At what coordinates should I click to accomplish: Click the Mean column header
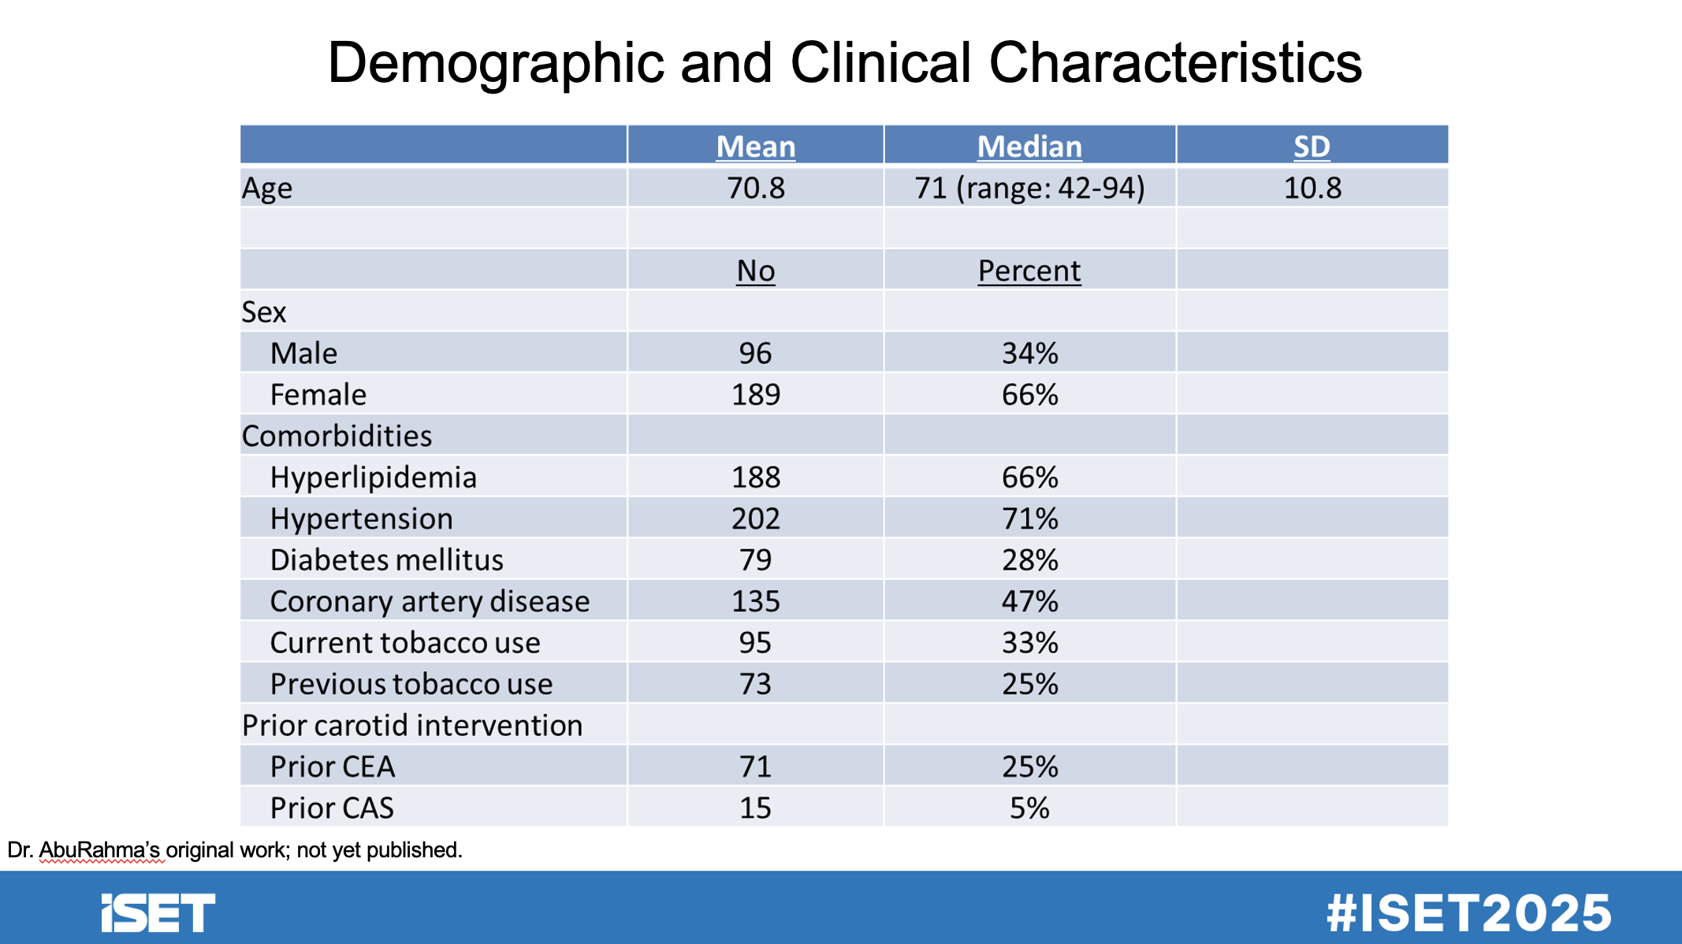756,147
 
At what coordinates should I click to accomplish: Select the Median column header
1029,147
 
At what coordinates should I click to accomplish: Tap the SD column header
1312,147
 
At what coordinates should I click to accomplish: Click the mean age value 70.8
756,188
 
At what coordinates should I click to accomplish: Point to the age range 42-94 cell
1029,188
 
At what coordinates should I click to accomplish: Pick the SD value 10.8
1312,188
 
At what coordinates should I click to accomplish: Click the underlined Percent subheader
1029,271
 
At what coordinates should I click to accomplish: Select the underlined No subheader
756,271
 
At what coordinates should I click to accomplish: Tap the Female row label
318,395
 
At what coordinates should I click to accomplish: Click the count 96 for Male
755,354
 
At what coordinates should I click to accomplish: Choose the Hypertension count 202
756,519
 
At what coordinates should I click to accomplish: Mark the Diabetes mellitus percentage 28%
1029,560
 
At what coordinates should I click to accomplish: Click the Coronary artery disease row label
430,602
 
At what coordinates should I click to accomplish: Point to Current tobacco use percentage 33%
1029,643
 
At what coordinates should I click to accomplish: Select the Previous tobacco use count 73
755,685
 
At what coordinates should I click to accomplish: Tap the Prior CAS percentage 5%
1029,808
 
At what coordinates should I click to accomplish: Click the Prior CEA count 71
755,767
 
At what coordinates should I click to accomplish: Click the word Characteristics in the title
1175,62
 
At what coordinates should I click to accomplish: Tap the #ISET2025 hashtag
1468,913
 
